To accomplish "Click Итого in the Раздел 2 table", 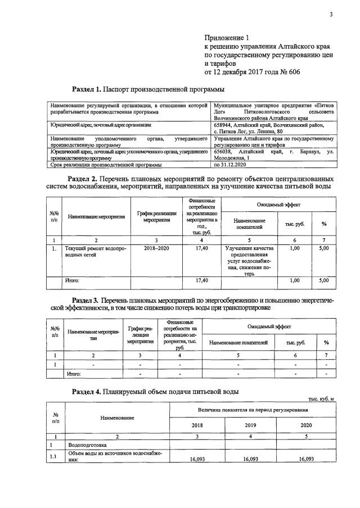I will point(73,280).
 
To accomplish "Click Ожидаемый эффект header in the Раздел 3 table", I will point(267,326).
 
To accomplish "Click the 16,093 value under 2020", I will point(306,459).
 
